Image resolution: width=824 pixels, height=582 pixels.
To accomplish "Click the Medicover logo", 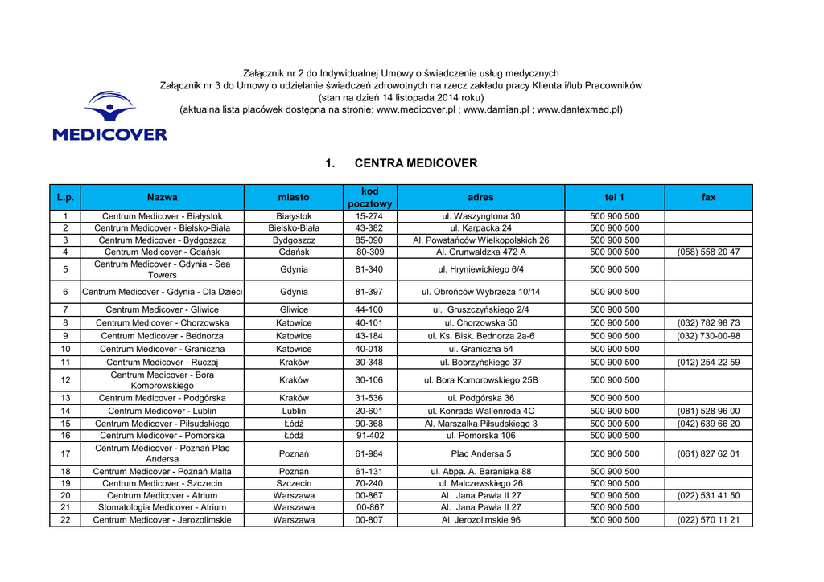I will click(x=109, y=117).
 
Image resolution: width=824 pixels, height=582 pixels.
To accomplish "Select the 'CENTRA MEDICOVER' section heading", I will click(x=415, y=163).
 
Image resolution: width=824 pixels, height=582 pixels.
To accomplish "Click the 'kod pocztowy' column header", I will click(x=369, y=198).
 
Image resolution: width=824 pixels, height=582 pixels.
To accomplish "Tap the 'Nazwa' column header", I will click(x=162, y=198).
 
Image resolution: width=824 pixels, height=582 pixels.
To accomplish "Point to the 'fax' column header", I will click(x=708, y=198).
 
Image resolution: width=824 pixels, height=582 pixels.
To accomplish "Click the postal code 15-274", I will click(x=369, y=216).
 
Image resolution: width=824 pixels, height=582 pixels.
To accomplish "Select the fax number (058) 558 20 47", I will click(x=708, y=252).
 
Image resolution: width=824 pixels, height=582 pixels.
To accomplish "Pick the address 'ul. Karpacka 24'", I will click(x=480, y=228).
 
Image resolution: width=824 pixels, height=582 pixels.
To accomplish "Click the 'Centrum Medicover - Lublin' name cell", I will click(x=162, y=411).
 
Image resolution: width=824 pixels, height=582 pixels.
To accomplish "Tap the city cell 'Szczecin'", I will click(x=294, y=484).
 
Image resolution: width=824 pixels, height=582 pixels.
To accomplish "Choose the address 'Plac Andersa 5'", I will click(x=480, y=454).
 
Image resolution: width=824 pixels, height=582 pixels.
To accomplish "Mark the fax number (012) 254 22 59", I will click(x=708, y=363).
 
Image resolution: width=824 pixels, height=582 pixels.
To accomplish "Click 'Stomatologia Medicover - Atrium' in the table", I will click(x=162, y=508).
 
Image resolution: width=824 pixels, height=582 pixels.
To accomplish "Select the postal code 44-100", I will click(x=369, y=309).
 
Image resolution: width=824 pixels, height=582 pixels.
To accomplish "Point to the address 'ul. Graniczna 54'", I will click(x=480, y=350).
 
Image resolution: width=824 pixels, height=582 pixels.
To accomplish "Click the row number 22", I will click(x=65, y=520).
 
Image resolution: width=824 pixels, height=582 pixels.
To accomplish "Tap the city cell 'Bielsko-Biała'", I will click(x=294, y=228).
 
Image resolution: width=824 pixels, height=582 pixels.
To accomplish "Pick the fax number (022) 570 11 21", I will click(x=708, y=520).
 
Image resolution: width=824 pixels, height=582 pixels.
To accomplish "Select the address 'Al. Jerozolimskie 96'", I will click(x=480, y=520).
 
